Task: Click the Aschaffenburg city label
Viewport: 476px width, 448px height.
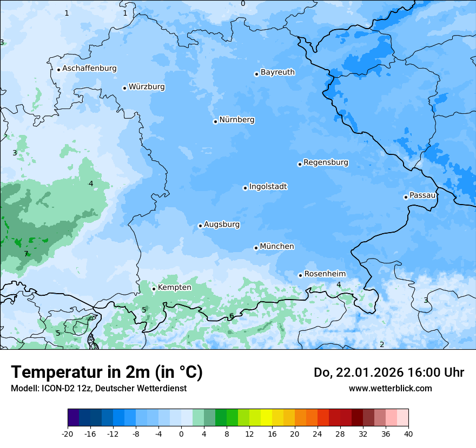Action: (x=89, y=69)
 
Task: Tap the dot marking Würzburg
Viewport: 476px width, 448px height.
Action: (x=124, y=88)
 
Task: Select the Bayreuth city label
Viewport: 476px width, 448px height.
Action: (x=277, y=72)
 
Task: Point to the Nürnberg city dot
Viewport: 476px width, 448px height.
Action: (x=215, y=121)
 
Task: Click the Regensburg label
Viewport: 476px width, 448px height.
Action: (x=326, y=162)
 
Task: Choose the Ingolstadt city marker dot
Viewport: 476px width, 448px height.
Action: (x=245, y=188)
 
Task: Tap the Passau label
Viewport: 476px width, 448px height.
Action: (x=422, y=195)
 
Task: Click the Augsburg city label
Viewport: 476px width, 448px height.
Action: (x=222, y=225)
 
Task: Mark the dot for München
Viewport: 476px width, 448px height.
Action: (x=256, y=248)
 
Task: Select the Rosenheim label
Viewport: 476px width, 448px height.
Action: (x=325, y=274)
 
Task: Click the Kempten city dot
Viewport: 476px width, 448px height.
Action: (x=154, y=289)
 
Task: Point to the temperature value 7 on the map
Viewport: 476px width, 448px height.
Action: (x=26, y=254)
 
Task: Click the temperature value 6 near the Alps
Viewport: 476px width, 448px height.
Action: (x=232, y=316)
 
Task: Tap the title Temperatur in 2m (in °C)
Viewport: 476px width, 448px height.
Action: (x=107, y=372)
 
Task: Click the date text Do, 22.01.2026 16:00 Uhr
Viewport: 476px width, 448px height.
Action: (x=389, y=372)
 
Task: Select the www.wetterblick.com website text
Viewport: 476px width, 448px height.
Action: (x=390, y=388)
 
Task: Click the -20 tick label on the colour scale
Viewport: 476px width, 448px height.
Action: (x=68, y=434)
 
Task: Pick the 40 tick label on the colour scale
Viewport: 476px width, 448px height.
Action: (x=408, y=434)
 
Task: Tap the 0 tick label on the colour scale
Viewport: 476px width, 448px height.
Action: (x=181, y=434)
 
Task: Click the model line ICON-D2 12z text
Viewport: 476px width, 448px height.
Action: (x=98, y=388)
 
